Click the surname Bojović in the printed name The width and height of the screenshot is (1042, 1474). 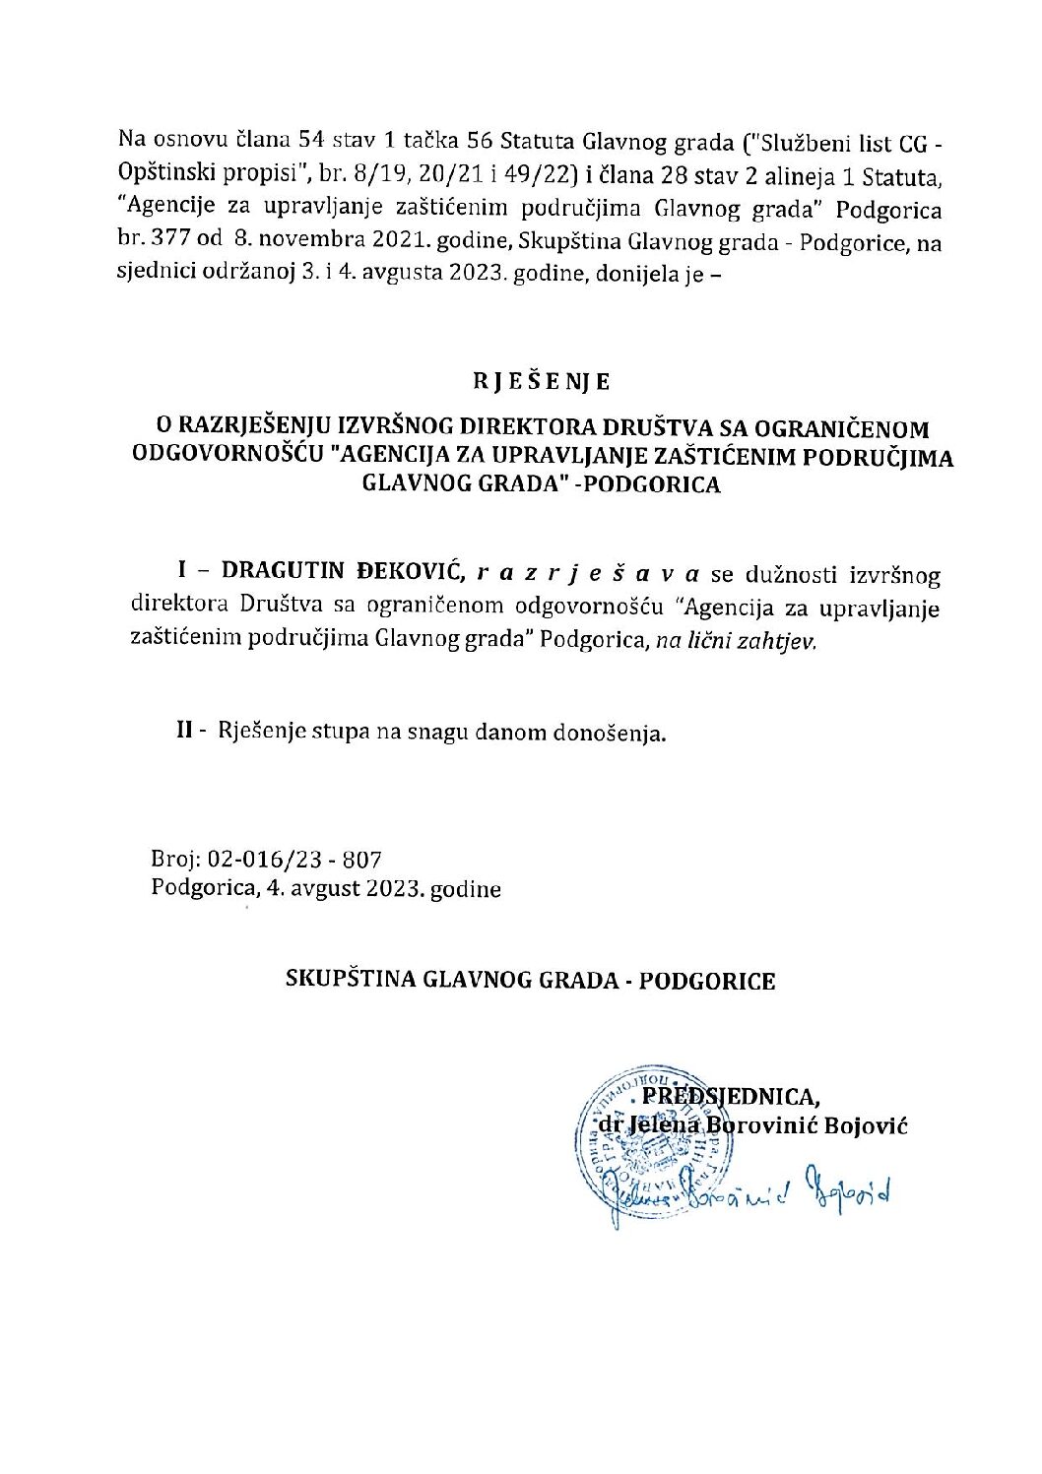(855, 1124)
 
